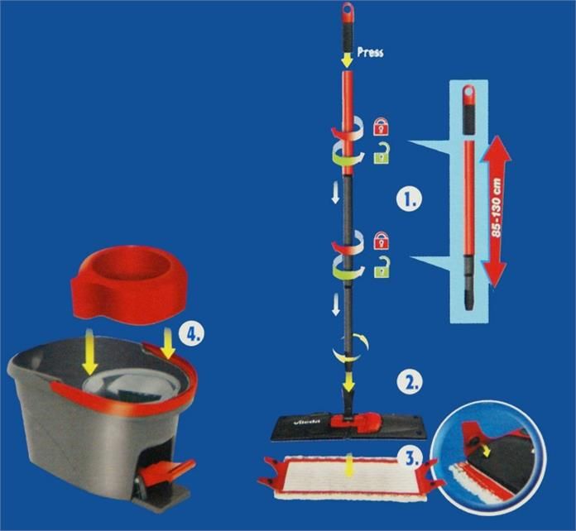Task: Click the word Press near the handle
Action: [x=370, y=52]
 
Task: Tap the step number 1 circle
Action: [x=410, y=199]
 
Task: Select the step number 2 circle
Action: [x=409, y=382]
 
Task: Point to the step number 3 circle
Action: [x=410, y=457]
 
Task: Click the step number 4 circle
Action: [x=191, y=333]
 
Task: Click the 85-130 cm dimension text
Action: [x=497, y=208]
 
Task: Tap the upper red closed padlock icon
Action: [x=381, y=127]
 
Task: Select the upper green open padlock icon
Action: [x=382, y=153]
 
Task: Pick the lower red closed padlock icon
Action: [x=381, y=240]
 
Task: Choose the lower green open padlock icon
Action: [x=382, y=266]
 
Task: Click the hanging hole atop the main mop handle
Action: [x=348, y=8]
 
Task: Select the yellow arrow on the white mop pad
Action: [x=349, y=466]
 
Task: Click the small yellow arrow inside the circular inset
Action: [x=487, y=452]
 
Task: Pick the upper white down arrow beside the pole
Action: [x=335, y=194]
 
